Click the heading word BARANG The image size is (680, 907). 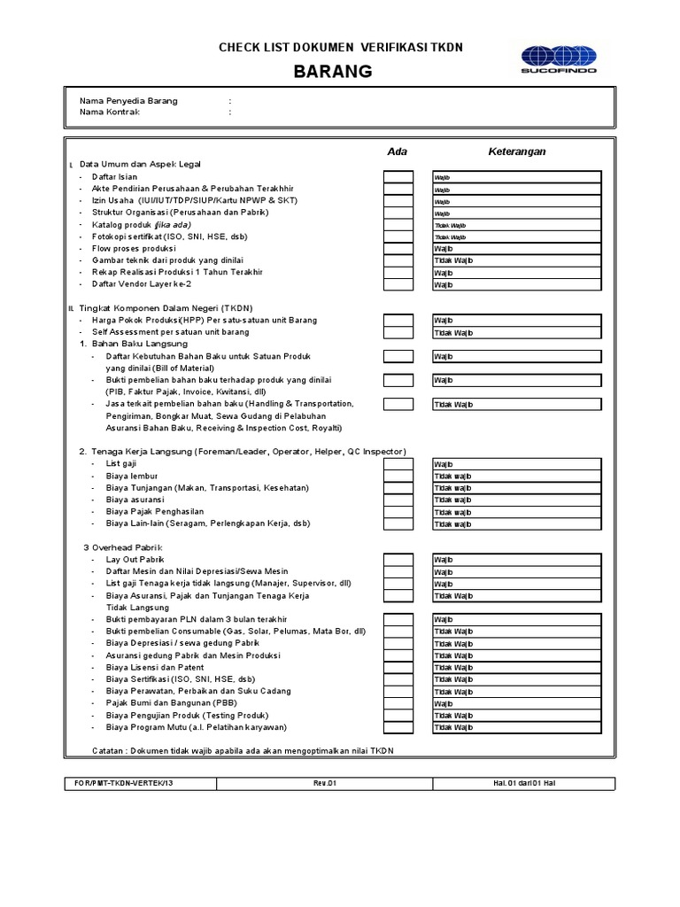[x=340, y=71]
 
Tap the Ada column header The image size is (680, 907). [x=398, y=151]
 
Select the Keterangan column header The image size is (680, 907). [x=517, y=151]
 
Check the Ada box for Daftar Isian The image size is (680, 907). [x=398, y=177]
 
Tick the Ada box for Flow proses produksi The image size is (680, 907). [x=398, y=249]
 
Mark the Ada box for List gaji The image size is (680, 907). [x=398, y=464]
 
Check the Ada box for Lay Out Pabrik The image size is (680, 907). [x=398, y=560]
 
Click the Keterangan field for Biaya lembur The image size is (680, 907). [x=517, y=477]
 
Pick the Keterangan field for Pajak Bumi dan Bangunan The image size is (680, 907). [x=517, y=703]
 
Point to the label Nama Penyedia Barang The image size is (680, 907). [x=128, y=101]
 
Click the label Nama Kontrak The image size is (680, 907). [x=110, y=112]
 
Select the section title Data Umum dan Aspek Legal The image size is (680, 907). [x=141, y=165]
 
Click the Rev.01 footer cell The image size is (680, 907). [x=326, y=783]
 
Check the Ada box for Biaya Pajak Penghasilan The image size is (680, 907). [x=398, y=512]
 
